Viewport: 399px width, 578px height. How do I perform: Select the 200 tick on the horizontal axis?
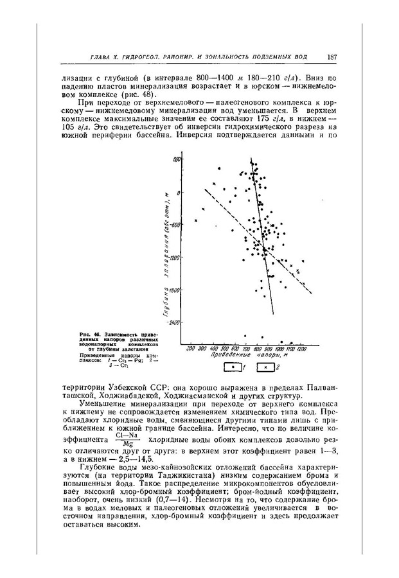click(x=191, y=348)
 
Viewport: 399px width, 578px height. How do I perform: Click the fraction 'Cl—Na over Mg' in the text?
click(x=127, y=440)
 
